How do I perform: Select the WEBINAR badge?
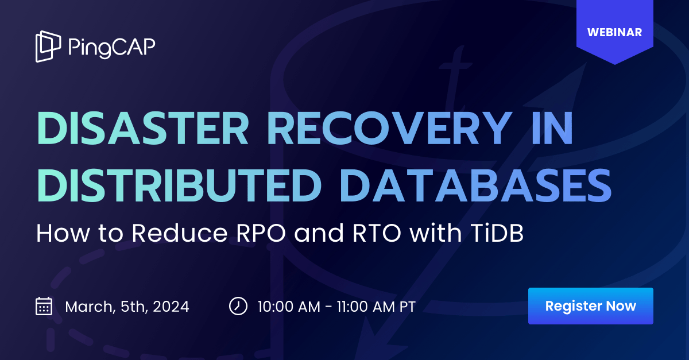tap(614, 32)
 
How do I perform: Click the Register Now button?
tap(590, 306)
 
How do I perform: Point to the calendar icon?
tap(44, 306)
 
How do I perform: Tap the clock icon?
tap(238, 306)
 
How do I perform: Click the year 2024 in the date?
tap(169, 307)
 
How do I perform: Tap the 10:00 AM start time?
tap(289, 307)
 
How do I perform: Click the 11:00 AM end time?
tap(365, 307)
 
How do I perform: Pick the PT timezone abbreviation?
tap(407, 307)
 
